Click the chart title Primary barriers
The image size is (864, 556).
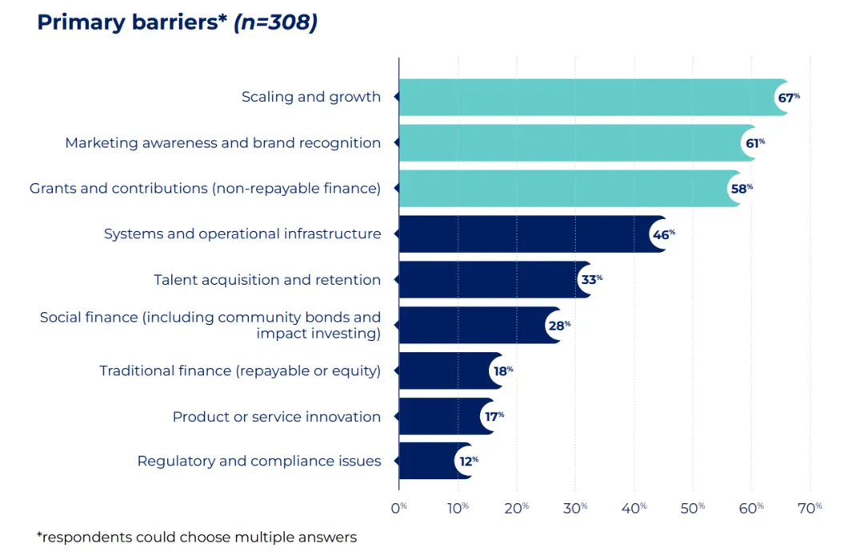(x=132, y=22)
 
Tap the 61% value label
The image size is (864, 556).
(x=755, y=143)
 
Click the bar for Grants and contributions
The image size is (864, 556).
(x=570, y=189)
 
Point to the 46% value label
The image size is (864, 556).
(x=663, y=234)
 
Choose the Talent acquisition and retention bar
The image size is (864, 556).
(x=495, y=279)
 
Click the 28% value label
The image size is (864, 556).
(x=559, y=326)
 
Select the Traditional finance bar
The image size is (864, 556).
(x=450, y=371)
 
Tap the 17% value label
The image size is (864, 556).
(x=494, y=417)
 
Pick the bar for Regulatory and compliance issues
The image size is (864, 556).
(x=435, y=461)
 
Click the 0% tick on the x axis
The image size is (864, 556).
(x=398, y=508)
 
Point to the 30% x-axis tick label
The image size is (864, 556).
(x=574, y=508)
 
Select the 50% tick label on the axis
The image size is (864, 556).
(x=692, y=508)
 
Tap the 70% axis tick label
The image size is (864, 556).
(x=810, y=508)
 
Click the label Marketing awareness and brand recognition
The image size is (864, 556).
(x=222, y=143)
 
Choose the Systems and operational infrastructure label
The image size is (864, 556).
(x=242, y=234)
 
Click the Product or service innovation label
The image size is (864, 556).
(x=277, y=417)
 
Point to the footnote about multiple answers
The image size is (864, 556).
(x=197, y=538)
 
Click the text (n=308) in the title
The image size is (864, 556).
(x=275, y=22)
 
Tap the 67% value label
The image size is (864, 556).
(x=789, y=98)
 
